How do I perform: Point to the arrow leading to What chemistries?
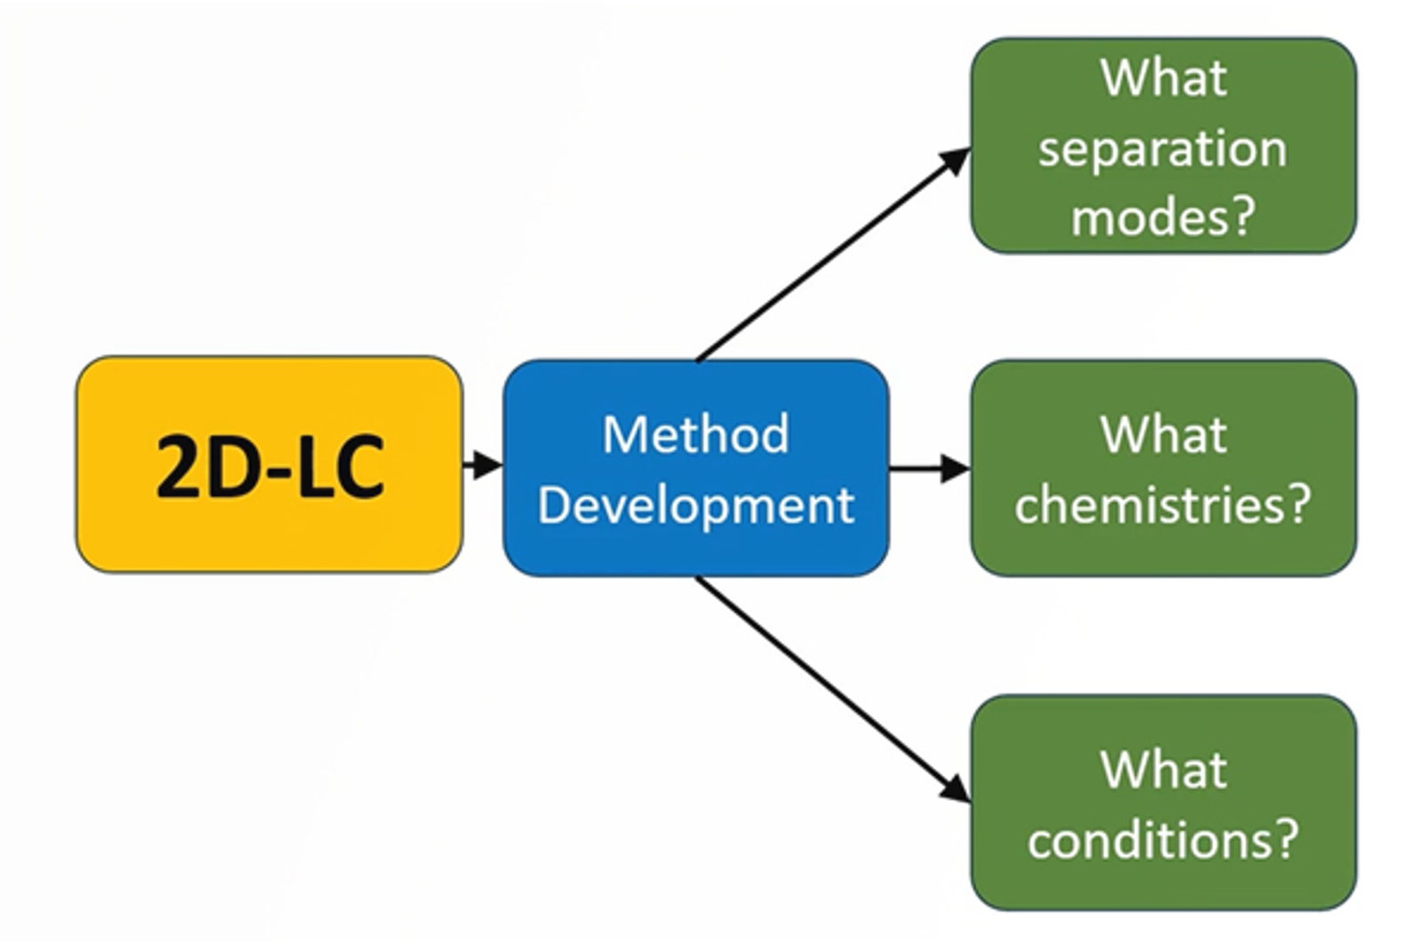click(929, 468)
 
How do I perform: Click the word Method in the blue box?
click(695, 434)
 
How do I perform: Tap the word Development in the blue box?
click(695, 505)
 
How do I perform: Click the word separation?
click(1163, 147)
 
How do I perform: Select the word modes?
click(1163, 216)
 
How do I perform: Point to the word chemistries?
click(1163, 505)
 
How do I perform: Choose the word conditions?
click(1163, 838)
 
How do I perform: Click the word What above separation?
click(1163, 78)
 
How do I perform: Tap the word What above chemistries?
click(1163, 434)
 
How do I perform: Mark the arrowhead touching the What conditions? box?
click(957, 788)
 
